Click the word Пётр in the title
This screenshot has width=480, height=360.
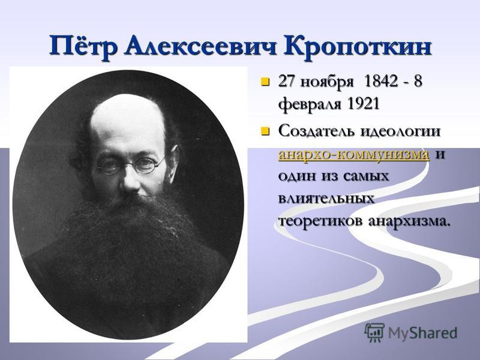[x=83, y=47]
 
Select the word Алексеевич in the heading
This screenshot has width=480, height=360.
[x=200, y=46]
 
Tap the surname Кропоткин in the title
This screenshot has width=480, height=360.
[x=358, y=47]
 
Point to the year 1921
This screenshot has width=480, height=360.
[x=363, y=103]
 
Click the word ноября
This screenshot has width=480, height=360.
[x=327, y=83]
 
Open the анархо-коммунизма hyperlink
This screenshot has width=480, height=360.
[x=353, y=154]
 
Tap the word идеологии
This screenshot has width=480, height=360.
[x=400, y=132]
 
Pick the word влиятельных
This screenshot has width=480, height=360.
[x=326, y=199]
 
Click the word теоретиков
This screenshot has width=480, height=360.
[x=320, y=221]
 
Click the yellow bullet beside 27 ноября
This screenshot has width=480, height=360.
[x=265, y=82]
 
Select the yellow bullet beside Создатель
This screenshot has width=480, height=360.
[x=265, y=132]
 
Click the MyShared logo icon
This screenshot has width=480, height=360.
[x=374, y=332]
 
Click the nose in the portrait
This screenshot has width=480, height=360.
[x=131, y=181]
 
